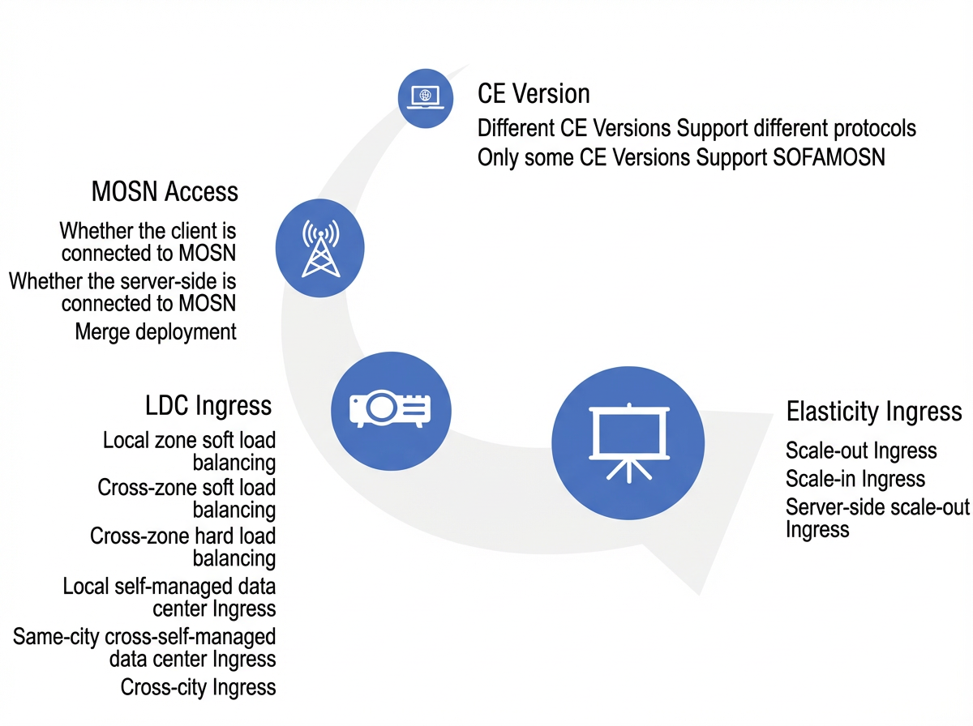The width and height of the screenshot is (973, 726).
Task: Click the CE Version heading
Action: (534, 94)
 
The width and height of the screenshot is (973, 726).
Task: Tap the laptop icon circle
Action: (426, 98)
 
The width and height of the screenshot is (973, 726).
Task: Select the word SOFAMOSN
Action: (829, 157)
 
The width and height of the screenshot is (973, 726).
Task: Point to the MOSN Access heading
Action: (165, 191)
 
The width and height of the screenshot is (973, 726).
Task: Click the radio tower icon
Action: (320, 248)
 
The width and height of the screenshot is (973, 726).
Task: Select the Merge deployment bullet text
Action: (156, 331)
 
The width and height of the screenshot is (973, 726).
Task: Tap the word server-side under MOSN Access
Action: (164, 281)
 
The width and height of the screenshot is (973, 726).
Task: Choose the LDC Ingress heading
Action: (208, 405)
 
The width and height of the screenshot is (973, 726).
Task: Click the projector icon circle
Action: (391, 411)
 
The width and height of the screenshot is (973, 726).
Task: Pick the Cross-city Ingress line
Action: (198, 687)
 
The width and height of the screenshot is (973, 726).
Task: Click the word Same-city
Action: (56, 637)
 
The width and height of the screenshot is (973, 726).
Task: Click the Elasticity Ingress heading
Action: (874, 412)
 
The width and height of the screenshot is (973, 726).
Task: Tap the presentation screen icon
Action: (629, 443)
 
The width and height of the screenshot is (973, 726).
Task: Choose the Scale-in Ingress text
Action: (855, 479)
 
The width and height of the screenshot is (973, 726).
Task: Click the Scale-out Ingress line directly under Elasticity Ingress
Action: (861, 451)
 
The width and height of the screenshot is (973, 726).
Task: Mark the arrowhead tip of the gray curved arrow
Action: (699, 595)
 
